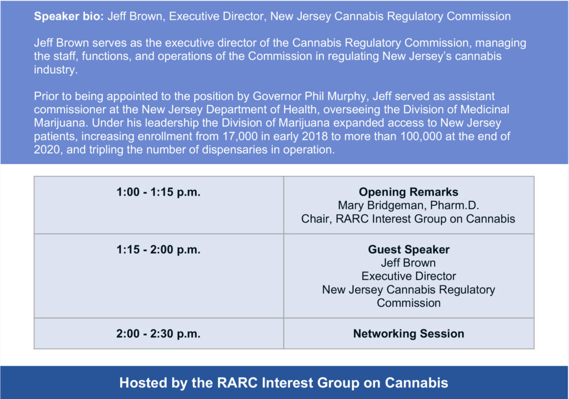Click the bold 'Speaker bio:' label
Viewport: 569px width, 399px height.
[69, 16]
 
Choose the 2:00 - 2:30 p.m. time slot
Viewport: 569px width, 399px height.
[158, 334]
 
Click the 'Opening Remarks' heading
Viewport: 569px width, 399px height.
[408, 192]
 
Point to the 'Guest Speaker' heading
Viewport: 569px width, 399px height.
[408, 250]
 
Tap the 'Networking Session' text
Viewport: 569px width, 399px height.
[408, 334]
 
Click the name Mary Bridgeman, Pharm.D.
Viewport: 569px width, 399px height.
[408, 205]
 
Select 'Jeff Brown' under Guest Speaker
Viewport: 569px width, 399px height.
[408, 262]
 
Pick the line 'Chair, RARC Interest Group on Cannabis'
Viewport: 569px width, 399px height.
[408, 219]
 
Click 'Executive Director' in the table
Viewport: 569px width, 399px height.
[408, 276]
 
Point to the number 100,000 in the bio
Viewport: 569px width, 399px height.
[421, 137]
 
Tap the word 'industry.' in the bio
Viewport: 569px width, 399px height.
[56, 69]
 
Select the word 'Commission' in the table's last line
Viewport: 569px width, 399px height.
[408, 303]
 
